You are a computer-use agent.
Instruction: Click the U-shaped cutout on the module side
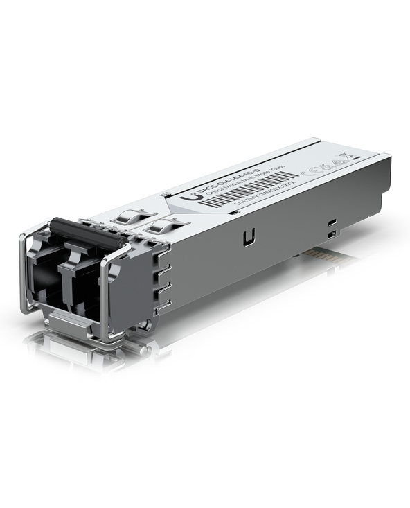247,238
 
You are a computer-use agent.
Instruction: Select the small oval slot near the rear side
333,222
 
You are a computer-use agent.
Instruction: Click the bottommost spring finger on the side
163,304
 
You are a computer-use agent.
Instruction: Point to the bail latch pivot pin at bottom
143,324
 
